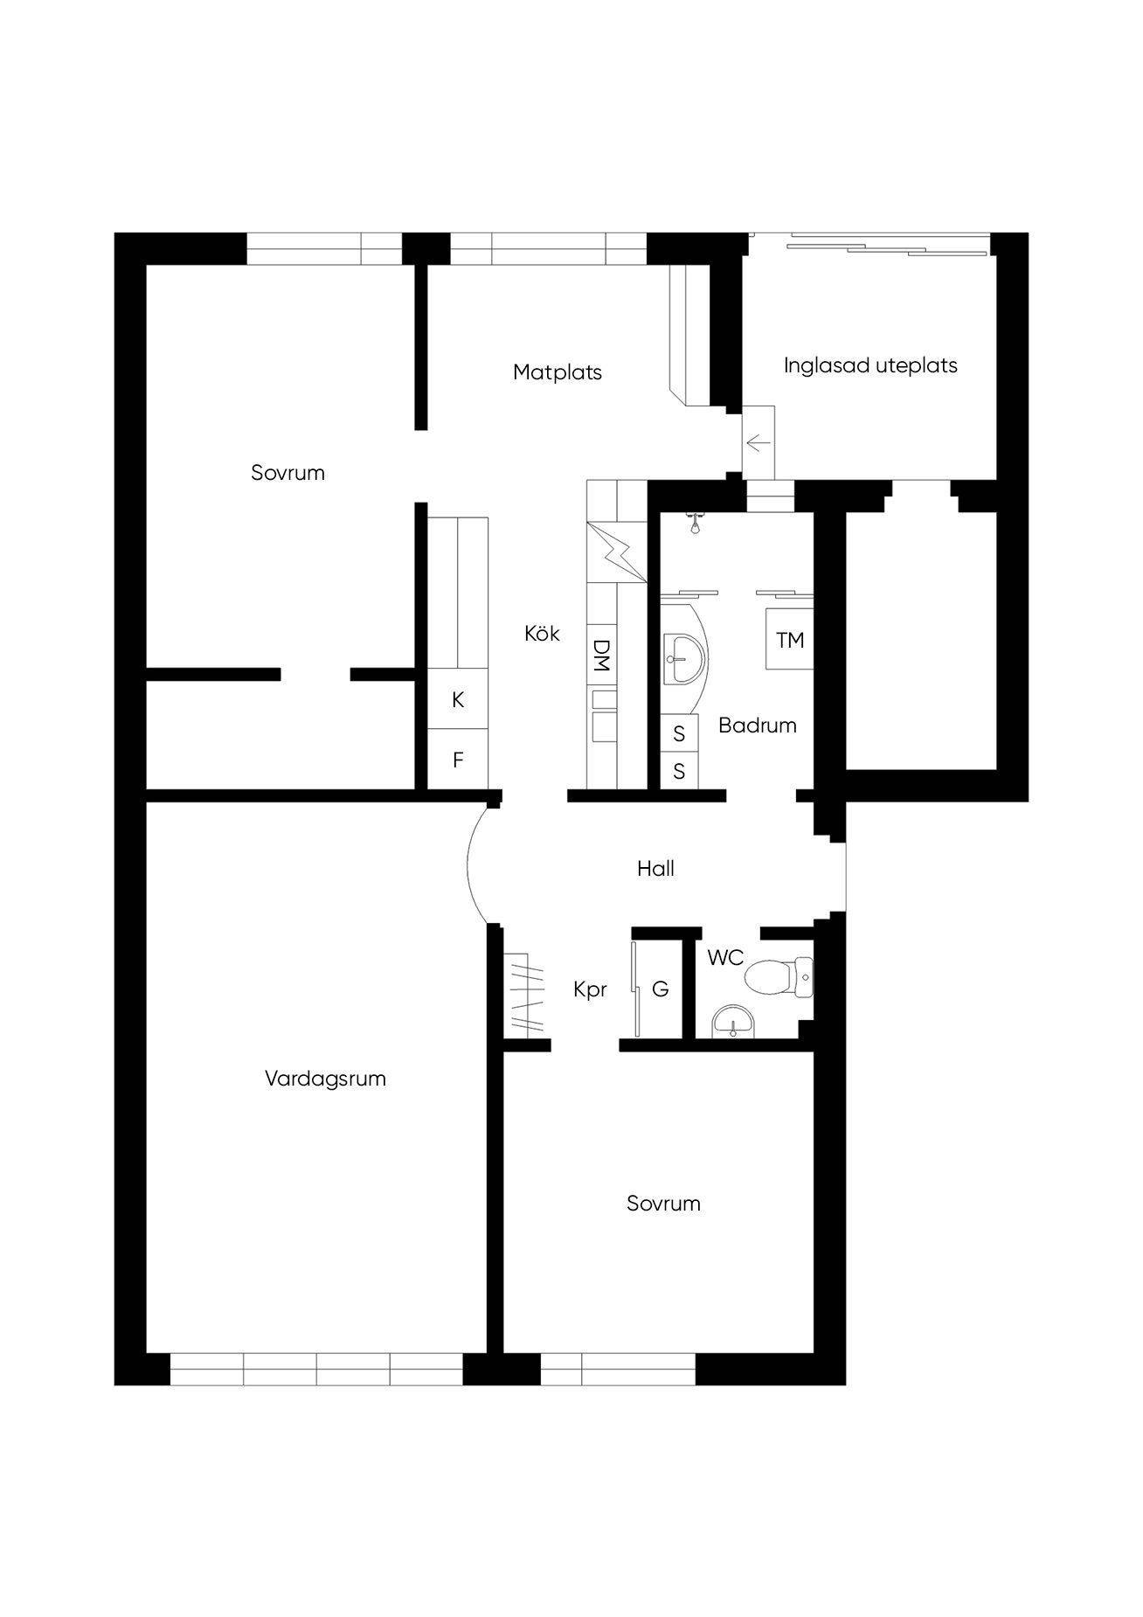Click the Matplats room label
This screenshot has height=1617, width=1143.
(x=558, y=372)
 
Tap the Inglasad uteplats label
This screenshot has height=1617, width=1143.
(x=870, y=365)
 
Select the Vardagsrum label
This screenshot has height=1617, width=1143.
(x=325, y=1079)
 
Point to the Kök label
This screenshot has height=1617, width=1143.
(x=542, y=633)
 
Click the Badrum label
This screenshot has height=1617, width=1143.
(x=758, y=725)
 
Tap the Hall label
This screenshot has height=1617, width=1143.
(x=655, y=869)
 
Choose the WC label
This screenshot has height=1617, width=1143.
(x=725, y=958)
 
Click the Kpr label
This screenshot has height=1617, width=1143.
(x=590, y=990)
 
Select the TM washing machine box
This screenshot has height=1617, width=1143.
(x=790, y=640)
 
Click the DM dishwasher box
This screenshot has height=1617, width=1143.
(x=601, y=656)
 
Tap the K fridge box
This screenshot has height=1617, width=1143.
(x=458, y=700)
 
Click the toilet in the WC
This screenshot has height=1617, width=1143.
(x=778, y=976)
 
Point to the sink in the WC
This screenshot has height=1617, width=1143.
(x=733, y=1020)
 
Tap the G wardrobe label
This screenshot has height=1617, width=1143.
(x=661, y=989)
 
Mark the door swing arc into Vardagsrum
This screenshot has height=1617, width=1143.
(x=477, y=864)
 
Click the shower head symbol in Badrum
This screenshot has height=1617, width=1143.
(x=696, y=523)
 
